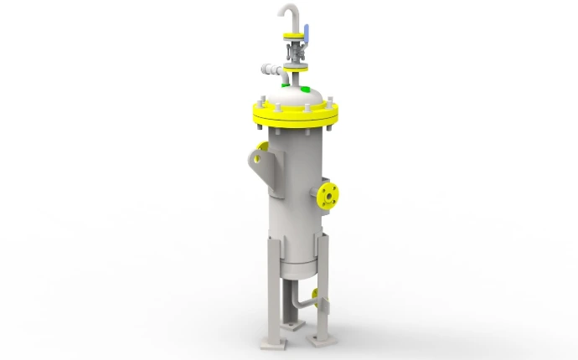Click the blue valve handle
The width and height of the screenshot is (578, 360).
pos(307,34)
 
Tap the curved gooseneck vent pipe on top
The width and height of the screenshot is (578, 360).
pos(286,12)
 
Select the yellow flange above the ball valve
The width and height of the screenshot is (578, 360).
pos(295,35)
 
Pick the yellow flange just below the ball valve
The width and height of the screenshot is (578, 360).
pos(294,57)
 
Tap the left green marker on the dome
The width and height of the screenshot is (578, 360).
pos(286,84)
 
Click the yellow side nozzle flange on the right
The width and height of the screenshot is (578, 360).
pos(328,196)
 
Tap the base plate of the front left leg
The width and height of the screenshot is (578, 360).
pos(275,342)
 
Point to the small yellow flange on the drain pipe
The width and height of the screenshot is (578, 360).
pos(315,294)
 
